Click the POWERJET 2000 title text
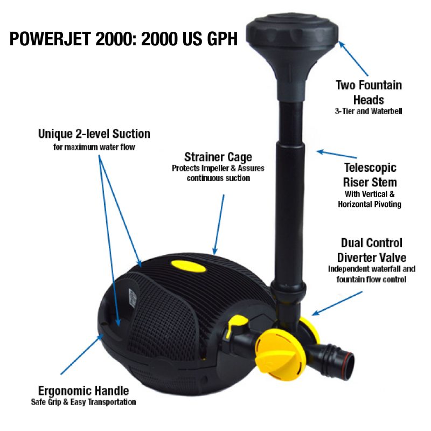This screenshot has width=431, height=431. [123, 39]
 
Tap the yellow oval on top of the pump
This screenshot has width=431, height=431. [189, 266]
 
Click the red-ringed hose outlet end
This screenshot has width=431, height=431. [349, 365]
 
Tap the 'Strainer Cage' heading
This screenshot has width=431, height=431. [218, 157]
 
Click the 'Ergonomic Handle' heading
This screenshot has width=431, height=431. [84, 391]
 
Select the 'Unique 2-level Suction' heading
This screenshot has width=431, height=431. [94, 134]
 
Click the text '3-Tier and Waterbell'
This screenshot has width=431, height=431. [369, 111]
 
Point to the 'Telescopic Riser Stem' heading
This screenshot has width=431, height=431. [370, 175]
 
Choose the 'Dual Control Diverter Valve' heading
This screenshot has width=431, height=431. [372, 250]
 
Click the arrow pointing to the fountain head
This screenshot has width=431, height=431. [353, 58]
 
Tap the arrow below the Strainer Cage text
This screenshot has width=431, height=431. [219, 225]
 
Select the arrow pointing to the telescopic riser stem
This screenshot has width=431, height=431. [336, 154]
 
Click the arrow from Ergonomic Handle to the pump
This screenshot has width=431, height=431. [82, 354]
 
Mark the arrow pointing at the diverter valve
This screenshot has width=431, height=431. [337, 303]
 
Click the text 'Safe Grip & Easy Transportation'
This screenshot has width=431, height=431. [84, 402]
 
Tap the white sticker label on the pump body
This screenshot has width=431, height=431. [133, 298]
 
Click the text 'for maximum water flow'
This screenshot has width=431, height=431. [94, 147]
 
